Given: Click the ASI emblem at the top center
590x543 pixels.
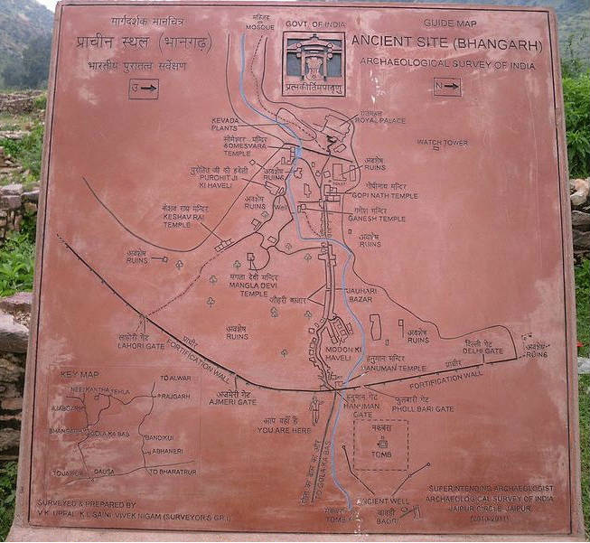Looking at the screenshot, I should point(314,64).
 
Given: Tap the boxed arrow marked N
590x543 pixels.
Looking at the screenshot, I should point(446,88).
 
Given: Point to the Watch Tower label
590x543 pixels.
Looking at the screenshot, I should point(442,143).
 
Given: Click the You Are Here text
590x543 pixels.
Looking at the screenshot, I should point(284,429).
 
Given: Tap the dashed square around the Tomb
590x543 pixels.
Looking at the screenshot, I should point(380,445).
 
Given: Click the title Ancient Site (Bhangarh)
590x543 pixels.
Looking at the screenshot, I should point(445,42).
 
